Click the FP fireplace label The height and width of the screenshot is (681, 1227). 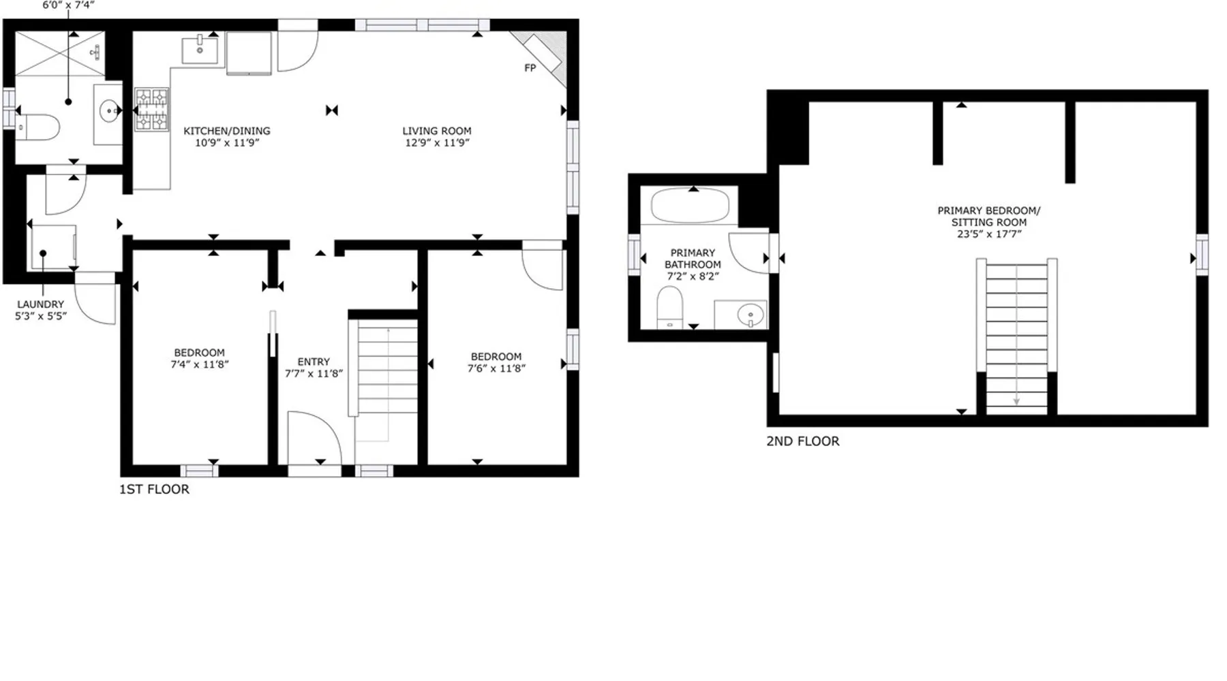point(530,68)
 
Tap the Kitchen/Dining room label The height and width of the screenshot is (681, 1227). point(227,131)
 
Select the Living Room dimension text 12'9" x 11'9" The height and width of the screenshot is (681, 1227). point(437,143)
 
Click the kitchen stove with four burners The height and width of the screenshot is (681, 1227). point(151,109)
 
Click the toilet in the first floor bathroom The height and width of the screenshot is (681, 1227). point(38,127)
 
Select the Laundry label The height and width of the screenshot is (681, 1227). point(41,304)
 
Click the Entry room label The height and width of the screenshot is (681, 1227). point(314,362)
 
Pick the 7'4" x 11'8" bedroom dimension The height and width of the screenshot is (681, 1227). point(200,364)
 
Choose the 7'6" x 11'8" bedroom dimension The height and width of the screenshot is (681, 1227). point(496,368)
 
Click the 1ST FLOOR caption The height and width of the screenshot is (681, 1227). point(155,489)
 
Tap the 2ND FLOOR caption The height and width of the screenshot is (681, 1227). point(803,441)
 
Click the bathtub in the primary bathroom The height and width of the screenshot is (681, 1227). point(690,205)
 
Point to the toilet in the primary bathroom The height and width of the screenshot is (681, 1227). point(670,307)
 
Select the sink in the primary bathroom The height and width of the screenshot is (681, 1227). point(751,315)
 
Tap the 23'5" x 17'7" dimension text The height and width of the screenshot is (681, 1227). point(989,234)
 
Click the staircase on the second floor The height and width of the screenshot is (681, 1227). point(1016,336)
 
